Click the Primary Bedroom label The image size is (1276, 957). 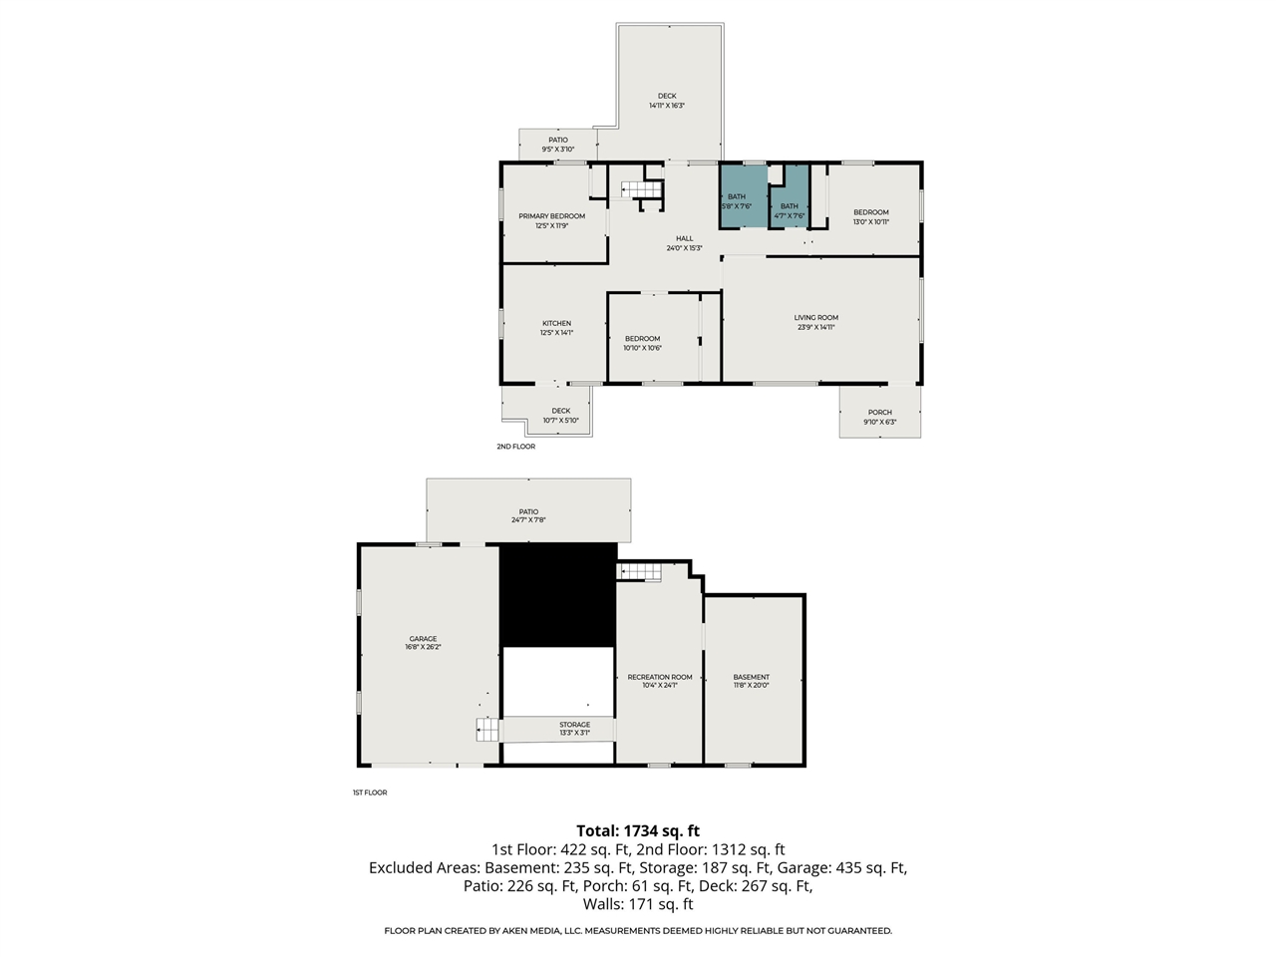(551, 220)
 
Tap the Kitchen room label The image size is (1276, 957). (556, 328)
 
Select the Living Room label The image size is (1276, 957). (815, 322)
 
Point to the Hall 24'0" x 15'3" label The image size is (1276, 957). (684, 243)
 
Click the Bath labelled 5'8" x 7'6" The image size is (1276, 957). (736, 201)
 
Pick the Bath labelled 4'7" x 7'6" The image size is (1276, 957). (789, 210)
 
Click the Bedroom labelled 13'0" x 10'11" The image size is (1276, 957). (870, 217)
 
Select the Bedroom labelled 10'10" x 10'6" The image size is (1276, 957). (642, 343)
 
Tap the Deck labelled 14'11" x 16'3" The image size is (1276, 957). (667, 101)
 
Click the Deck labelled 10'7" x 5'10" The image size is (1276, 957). (560, 416)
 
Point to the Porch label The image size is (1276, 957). (879, 417)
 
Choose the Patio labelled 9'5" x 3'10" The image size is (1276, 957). (557, 145)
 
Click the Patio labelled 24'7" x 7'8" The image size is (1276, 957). (528, 515)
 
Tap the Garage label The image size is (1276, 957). (423, 643)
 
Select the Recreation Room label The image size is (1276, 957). (659, 681)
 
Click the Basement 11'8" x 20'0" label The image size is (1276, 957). (751, 681)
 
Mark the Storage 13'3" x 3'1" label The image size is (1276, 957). (574, 729)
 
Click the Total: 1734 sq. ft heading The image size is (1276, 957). (638, 830)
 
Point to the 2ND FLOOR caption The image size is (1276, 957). (515, 447)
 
